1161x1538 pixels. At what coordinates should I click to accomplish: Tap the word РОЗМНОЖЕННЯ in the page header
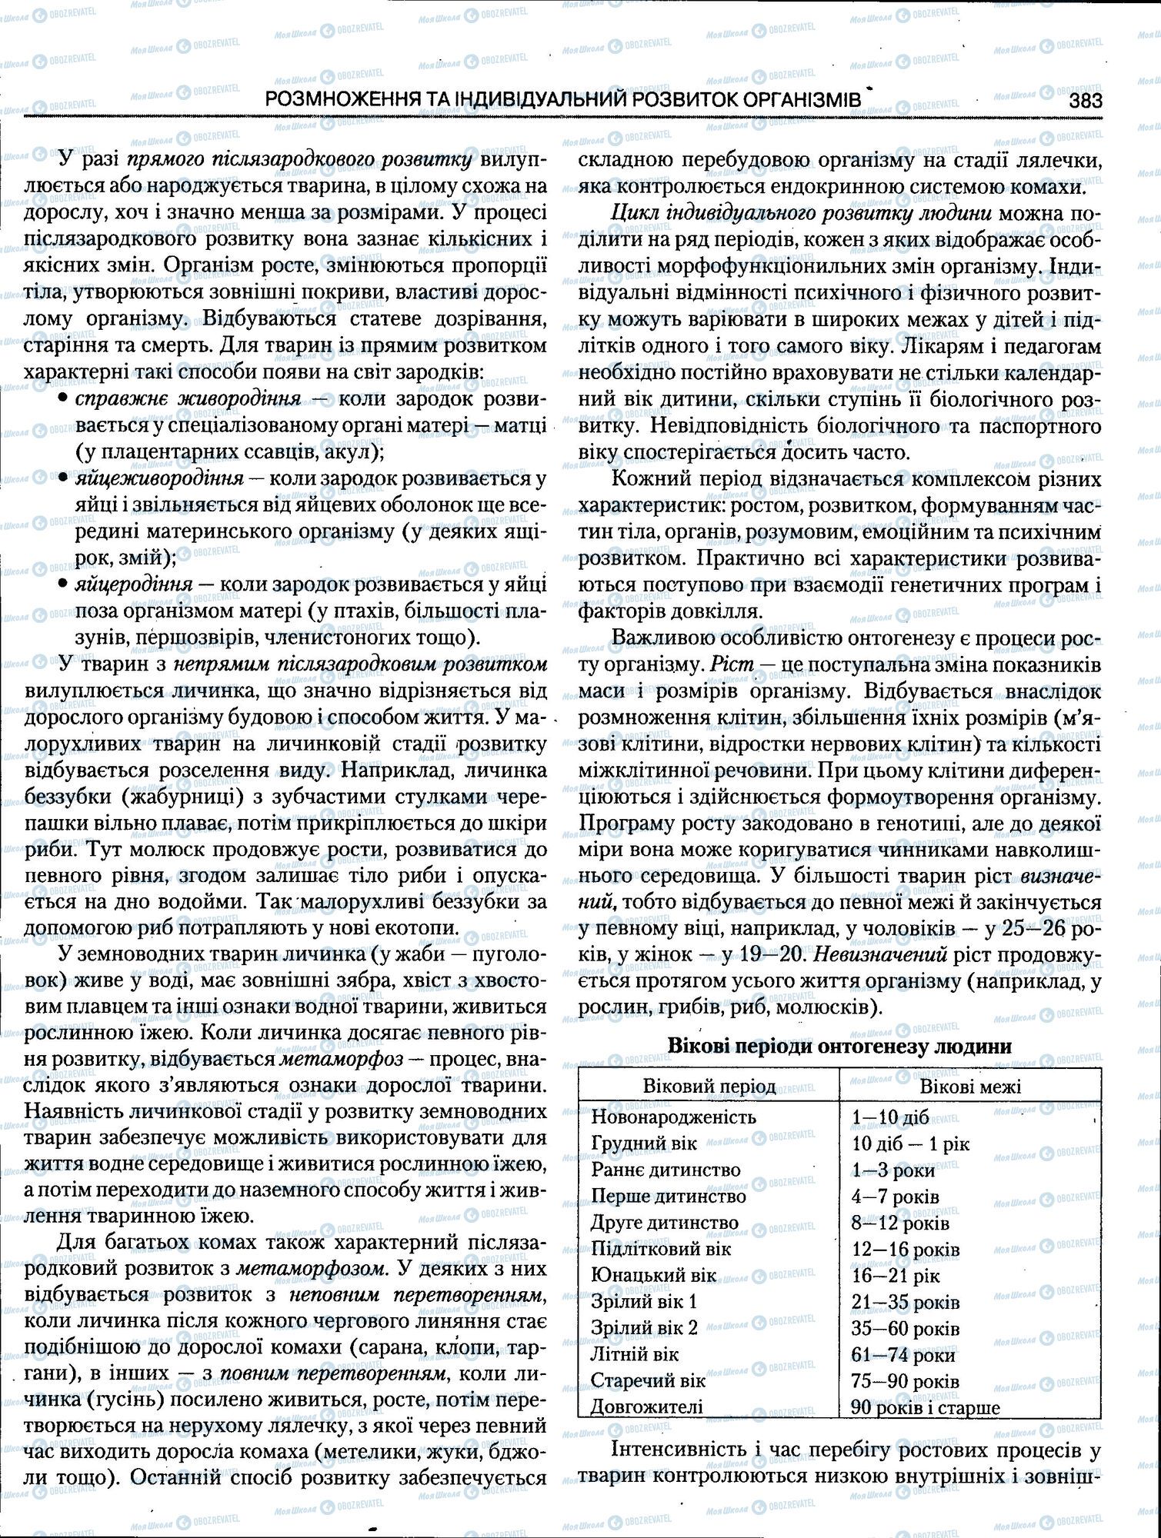point(351,100)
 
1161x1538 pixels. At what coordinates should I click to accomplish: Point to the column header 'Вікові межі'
point(970,1087)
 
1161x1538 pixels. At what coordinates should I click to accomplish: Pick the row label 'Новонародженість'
point(673,1117)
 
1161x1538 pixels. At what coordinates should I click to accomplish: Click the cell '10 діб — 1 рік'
point(911,1144)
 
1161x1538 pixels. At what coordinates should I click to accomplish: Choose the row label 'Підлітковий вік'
point(661,1249)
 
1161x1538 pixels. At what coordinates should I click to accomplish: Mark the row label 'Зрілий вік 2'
point(644,1328)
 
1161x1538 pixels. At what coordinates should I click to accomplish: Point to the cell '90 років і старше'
point(926,1408)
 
